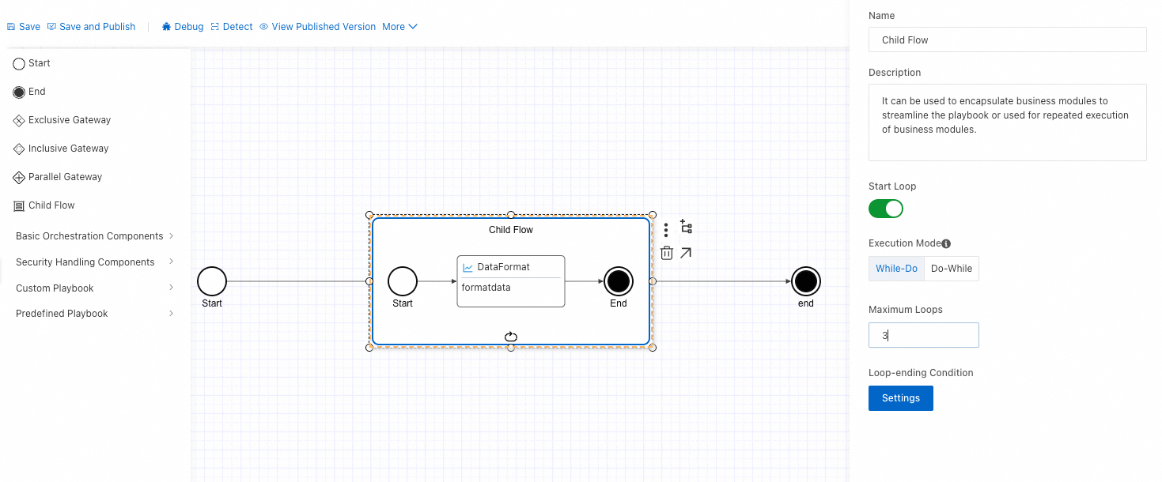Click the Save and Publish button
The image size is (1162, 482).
(92, 27)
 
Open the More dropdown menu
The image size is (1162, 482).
(399, 27)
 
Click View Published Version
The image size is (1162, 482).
(318, 27)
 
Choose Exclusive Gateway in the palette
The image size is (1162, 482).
(62, 120)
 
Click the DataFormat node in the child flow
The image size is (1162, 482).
(510, 281)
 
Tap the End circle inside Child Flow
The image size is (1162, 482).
(619, 281)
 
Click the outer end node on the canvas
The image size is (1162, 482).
(805, 281)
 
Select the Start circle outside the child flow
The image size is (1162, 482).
(212, 281)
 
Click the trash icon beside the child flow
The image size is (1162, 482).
(667, 253)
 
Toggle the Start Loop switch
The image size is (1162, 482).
(886, 209)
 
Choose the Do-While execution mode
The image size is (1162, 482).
(952, 269)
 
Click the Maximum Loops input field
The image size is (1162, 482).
(923, 335)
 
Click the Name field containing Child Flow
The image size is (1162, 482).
(1007, 40)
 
